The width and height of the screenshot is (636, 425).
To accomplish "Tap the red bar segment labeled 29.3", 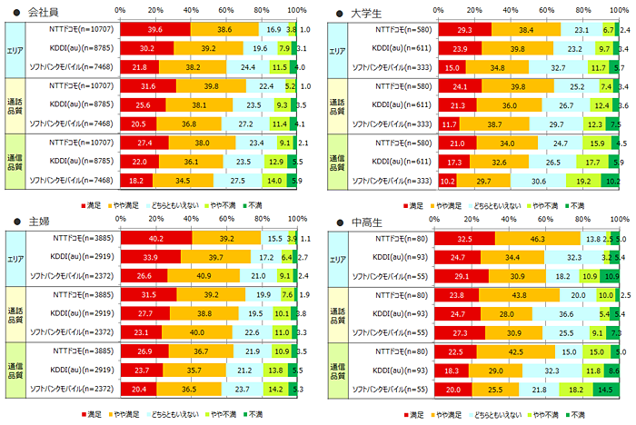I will pos(464,29).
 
